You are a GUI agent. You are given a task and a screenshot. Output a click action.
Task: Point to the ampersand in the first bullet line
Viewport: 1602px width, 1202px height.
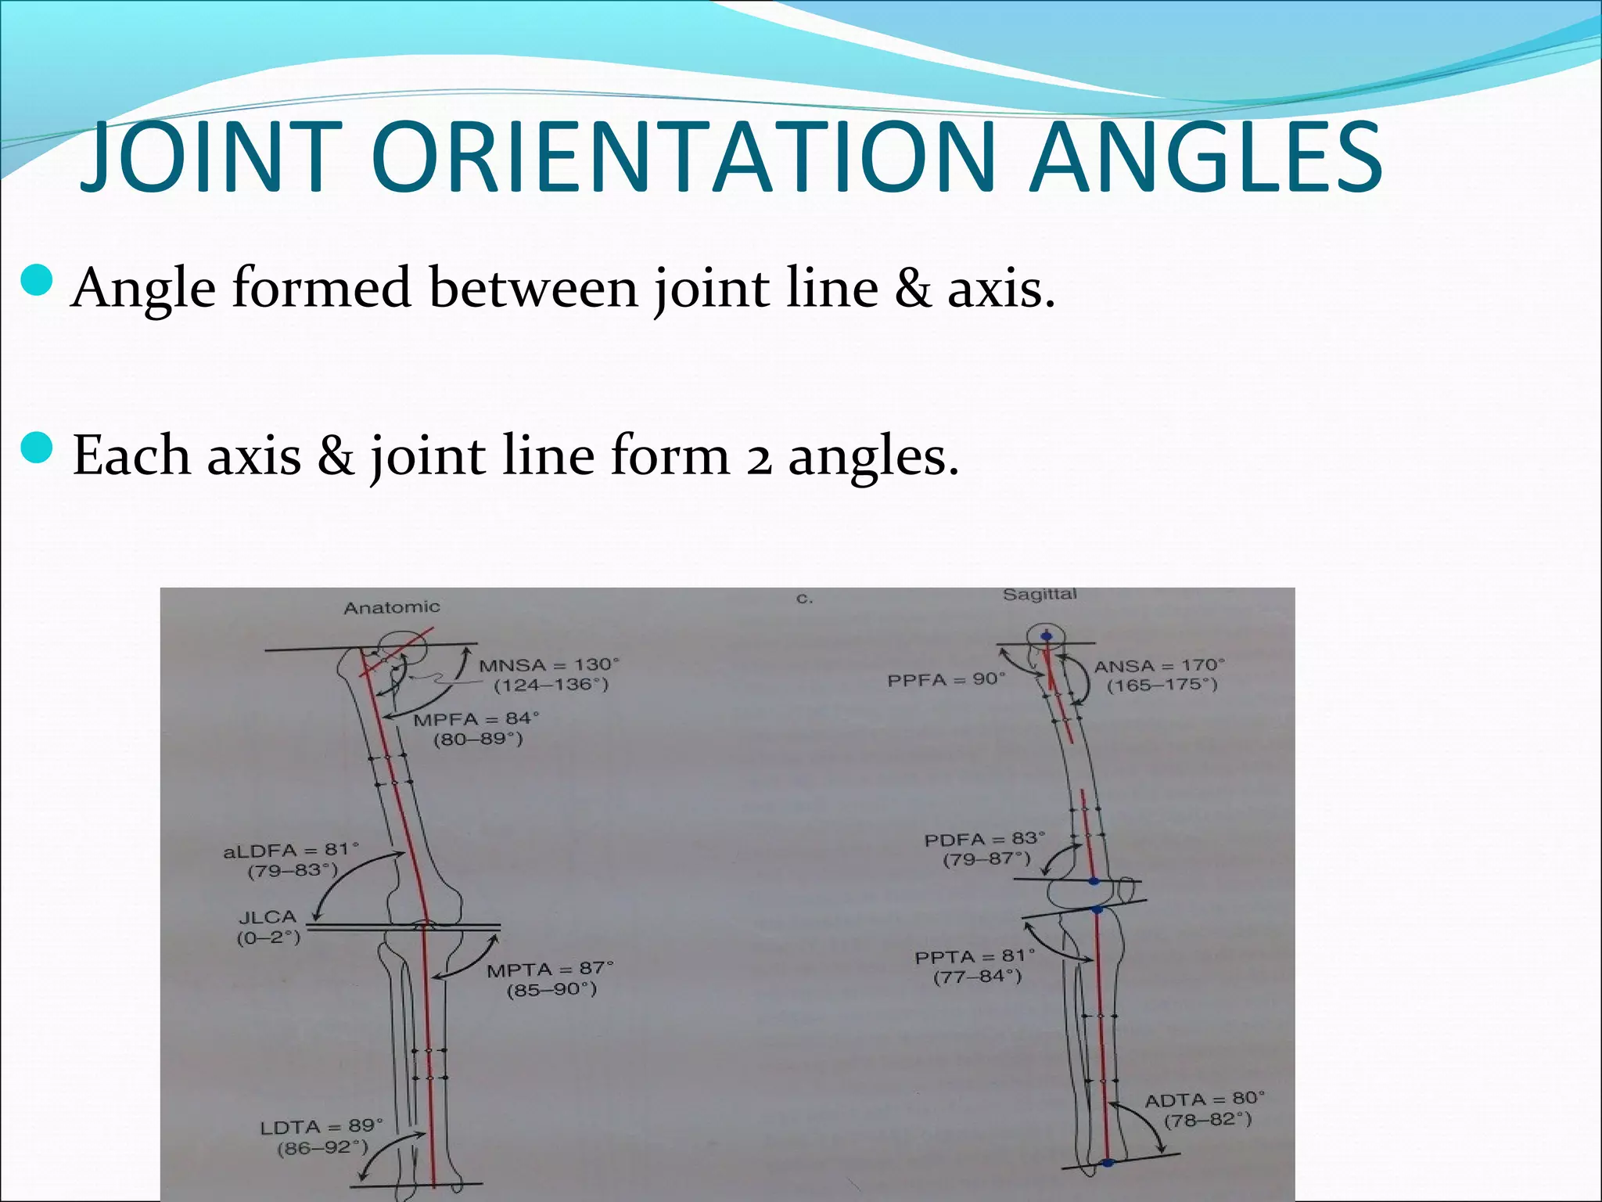click(x=912, y=288)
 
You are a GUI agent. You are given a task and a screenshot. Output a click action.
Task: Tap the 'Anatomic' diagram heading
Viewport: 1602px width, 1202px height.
click(x=392, y=607)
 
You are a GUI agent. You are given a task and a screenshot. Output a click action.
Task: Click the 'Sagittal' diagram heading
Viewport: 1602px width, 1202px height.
click(x=1040, y=595)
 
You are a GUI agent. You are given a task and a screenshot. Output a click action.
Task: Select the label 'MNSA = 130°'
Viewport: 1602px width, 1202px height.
click(x=549, y=665)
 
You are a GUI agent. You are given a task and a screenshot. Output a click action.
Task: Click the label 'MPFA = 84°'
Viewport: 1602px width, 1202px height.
click(x=476, y=719)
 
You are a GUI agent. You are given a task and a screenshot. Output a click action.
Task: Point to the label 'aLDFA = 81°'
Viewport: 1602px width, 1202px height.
click(x=291, y=850)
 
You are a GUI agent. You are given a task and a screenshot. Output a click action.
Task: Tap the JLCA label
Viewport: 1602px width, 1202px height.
click(x=268, y=916)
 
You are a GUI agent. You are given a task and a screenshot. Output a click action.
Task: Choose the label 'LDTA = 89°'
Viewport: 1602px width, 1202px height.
click(x=321, y=1127)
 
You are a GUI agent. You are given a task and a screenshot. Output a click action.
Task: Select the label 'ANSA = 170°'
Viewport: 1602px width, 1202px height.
click(x=1159, y=666)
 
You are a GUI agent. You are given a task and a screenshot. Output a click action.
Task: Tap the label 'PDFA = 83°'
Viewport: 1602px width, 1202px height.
click(x=985, y=840)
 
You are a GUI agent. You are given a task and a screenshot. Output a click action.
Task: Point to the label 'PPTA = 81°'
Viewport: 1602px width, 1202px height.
click(x=975, y=956)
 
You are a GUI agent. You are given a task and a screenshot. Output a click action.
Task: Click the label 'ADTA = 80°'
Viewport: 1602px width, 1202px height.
click(x=1205, y=1099)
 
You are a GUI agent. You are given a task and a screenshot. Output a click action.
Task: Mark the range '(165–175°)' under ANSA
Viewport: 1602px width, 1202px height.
click(x=1162, y=686)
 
